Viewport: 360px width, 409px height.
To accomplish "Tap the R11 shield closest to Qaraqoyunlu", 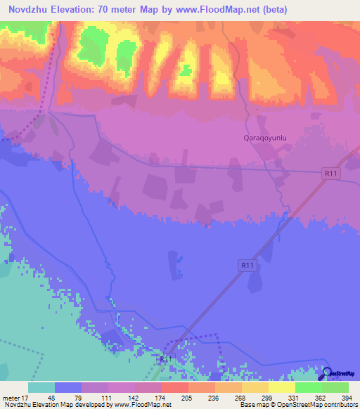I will point(331,172).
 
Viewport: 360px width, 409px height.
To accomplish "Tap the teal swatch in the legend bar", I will point(41,387).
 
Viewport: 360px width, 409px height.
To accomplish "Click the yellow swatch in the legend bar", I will point(282,387).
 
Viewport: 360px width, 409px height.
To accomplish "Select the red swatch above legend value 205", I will point(174,387).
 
